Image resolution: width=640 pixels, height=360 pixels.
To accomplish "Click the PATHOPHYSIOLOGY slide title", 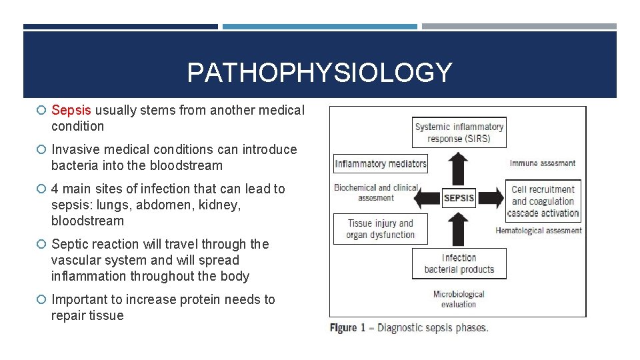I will pyautogui.click(x=319, y=73).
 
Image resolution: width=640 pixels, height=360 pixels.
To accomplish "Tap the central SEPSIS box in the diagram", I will pyautogui.click(x=459, y=198).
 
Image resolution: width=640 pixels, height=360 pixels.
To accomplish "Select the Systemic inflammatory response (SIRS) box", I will pyautogui.click(x=459, y=133).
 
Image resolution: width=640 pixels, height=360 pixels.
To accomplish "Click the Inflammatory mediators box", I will pyautogui.click(x=381, y=164).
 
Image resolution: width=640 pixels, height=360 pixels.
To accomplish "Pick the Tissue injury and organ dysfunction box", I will pyautogui.click(x=381, y=229).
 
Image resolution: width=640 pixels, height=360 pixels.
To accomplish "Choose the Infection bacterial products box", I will pyautogui.click(x=459, y=263).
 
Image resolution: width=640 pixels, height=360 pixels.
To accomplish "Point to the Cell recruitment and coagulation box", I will pyautogui.click(x=543, y=201).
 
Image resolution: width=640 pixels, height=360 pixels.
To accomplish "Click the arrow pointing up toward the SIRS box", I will pyautogui.click(x=459, y=169).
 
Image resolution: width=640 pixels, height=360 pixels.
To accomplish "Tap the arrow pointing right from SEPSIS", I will pyautogui.click(x=490, y=198).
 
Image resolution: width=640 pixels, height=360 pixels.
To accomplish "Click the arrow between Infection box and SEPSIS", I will pyautogui.click(x=459, y=227).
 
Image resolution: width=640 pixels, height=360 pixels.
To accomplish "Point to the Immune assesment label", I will pyautogui.click(x=542, y=163).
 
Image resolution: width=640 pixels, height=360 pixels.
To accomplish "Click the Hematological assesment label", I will pyautogui.click(x=538, y=231).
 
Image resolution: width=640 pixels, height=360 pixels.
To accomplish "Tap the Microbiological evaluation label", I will pyautogui.click(x=459, y=299).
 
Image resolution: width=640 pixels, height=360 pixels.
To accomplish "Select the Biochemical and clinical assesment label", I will pyautogui.click(x=376, y=193).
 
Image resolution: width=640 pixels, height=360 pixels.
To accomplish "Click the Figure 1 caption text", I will pyautogui.click(x=409, y=328).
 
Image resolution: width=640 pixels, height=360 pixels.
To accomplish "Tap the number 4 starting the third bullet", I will pyautogui.click(x=55, y=189).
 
